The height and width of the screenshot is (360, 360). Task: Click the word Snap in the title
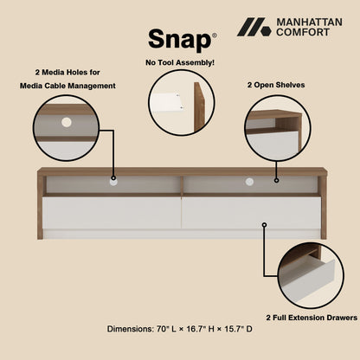coord(178,39)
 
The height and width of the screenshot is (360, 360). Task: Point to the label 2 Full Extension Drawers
coord(312,317)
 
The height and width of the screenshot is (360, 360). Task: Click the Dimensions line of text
coord(180,329)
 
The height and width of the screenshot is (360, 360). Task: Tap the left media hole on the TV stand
coord(112,183)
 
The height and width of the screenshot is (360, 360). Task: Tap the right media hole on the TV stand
coord(250,183)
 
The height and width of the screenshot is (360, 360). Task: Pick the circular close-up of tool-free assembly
coord(180,103)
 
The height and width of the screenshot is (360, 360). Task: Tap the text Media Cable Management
coord(67,86)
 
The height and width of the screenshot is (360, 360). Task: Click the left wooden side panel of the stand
coord(42,203)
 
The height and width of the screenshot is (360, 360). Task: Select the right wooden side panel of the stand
coord(323,203)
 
